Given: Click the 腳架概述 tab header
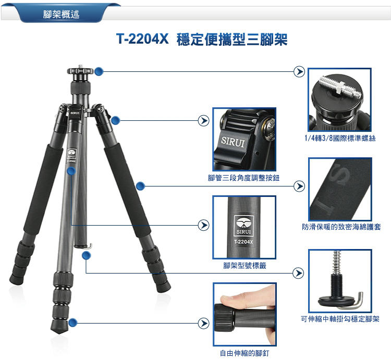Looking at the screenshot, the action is coord(61,14).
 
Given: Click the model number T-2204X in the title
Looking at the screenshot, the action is coord(142,39).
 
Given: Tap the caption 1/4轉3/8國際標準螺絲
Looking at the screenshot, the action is coord(340,138).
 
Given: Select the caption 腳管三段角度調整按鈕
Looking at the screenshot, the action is coord(243,178).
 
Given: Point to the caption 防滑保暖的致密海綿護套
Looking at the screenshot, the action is coord(341,227).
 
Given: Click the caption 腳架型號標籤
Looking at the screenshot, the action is coord(245,266).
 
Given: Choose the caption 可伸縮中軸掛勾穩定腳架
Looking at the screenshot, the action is coord(340,319).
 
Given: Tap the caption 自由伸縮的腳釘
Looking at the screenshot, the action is coord(245,353).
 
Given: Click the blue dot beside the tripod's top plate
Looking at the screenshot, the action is coord(99,71).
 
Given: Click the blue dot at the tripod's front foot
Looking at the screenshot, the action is coord(72,322).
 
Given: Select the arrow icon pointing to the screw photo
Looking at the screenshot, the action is coord(299,71).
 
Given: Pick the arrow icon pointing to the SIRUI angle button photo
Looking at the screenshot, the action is coord(203,120).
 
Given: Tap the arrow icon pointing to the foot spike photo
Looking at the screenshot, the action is coord(203,324).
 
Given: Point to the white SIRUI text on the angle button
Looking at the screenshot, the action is coord(233,142).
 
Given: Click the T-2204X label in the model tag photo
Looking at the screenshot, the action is coord(243,242).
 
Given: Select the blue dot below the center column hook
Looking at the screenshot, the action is coord(86,255).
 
